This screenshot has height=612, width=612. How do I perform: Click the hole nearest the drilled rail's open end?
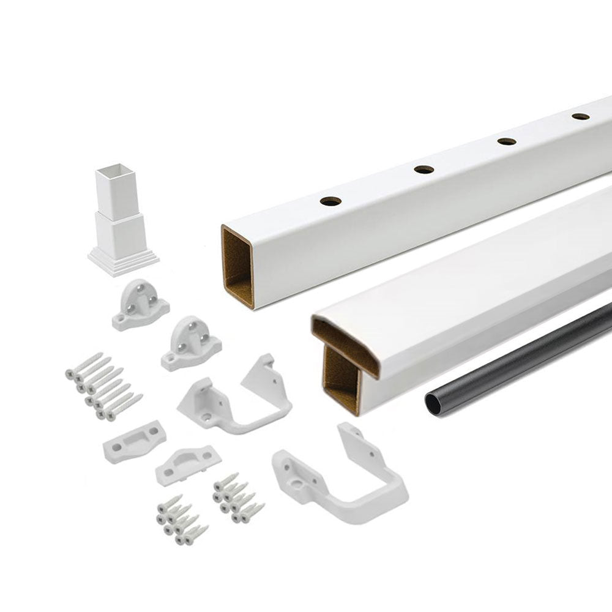(x=330, y=201)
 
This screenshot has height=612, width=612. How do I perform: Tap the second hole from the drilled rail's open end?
(x=424, y=170)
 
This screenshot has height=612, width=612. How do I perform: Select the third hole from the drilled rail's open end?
(x=506, y=141)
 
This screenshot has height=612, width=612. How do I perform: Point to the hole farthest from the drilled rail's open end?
(x=580, y=116)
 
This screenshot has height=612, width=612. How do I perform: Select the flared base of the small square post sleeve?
(x=123, y=260)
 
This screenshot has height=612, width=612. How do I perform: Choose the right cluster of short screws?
(x=237, y=496)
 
